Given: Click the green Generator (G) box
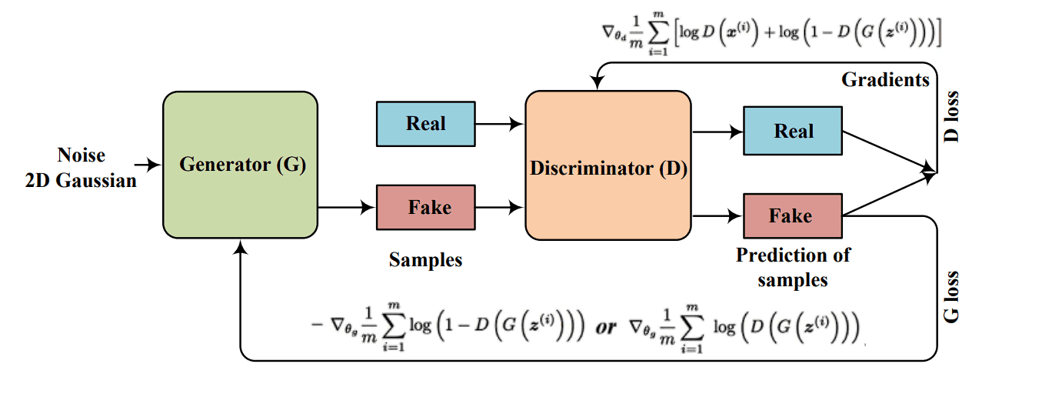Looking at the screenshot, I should tap(240, 164).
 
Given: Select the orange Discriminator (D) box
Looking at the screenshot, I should tap(608, 166).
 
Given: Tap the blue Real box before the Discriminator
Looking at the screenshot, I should tap(425, 124).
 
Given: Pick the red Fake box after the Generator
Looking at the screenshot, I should tap(425, 207).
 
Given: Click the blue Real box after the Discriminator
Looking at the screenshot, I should tap(793, 131).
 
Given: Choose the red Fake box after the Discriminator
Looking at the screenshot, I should tap(793, 215).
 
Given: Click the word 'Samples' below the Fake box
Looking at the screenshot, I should tap(425, 260).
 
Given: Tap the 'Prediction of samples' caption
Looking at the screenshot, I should tap(793, 266).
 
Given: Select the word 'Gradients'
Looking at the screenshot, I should tap(885, 79).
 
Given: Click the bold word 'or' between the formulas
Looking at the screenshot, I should tap(606, 326).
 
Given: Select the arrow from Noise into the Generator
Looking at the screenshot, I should tap(147, 164).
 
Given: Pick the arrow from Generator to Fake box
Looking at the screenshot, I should tap(346, 207).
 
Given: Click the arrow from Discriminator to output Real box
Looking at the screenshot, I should tap(717, 132).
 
